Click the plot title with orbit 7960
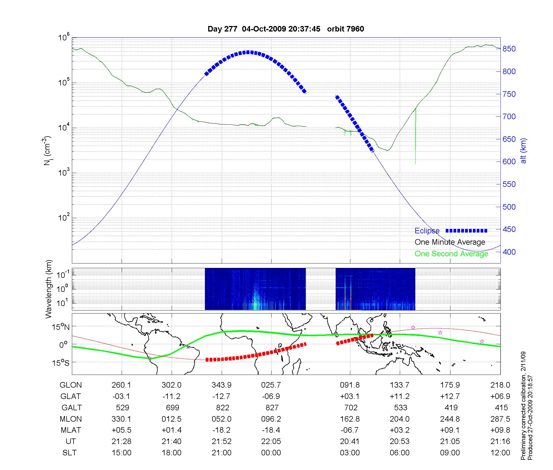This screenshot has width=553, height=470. click(286, 29)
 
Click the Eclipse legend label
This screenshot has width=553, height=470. click(427, 231)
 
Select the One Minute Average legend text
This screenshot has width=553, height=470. click(450, 242)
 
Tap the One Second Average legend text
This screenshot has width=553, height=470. click(451, 254)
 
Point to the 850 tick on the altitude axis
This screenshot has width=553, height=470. click(509, 49)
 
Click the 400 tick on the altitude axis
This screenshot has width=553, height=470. click(509, 252)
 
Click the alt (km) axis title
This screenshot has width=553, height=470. click(523, 151)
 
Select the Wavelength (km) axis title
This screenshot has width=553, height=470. click(49, 289)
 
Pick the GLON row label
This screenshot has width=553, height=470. click(71, 385)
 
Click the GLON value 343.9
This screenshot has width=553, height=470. click(221, 385)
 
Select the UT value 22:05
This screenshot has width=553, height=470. click(271, 442)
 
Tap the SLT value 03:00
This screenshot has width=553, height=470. click(350, 453)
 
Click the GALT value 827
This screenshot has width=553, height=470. click(272, 408)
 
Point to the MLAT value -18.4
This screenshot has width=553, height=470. click(271, 430)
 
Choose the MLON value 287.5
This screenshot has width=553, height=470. click(500, 419)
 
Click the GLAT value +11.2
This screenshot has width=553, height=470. click(400, 396)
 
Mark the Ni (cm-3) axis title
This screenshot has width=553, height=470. click(48, 151)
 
